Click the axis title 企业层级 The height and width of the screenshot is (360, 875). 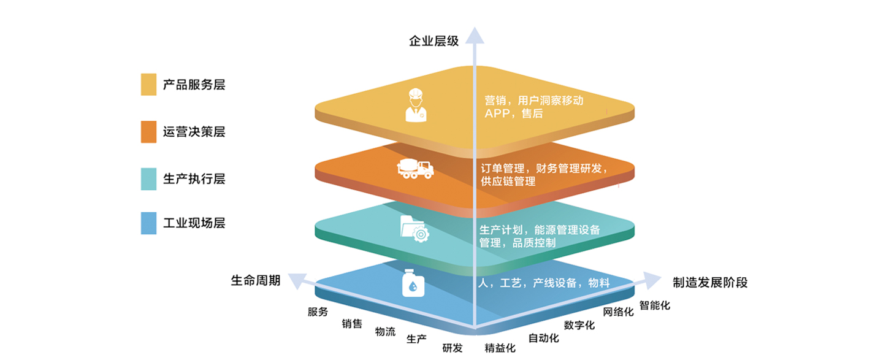pyautogui.click(x=434, y=41)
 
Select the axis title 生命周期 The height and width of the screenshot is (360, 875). pyautogui.click(x=255, y=280)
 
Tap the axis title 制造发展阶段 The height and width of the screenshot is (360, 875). pyautogui.click(x=710, y=283)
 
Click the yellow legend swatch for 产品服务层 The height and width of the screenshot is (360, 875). pyautogui.click(x=148, y=85)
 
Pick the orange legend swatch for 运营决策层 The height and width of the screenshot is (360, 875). pyautogui.click(x=148, y=132)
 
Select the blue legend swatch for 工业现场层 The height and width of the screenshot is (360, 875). pyautogui.click(x=148, y=223)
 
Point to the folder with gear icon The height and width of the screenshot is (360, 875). pyautogui.click(x=415, y=228)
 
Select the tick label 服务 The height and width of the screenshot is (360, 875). pyautogui.click(x=318, y=312)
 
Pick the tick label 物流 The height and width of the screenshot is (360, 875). pyautogui.click(x=385, y=332)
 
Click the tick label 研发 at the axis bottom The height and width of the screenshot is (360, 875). pyautogui.click(x=453, y=348)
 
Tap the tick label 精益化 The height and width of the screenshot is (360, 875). pyautogui.click(x=500, y=348)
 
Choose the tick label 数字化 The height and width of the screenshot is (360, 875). pyautogui.click(x=579, y=325)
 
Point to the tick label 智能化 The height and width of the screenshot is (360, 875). pyautogui.click(x=655, y=305)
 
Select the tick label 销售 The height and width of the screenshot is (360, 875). pyautogui.click(x=352, y=323)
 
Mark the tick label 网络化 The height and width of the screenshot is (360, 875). pyautogui.click(x=618, y=312)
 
